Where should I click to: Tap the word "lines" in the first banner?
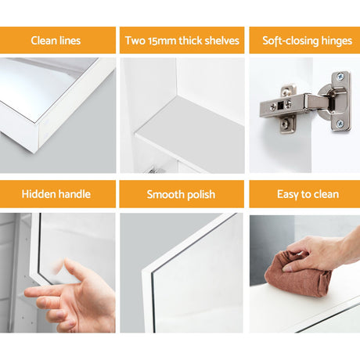[70, 41]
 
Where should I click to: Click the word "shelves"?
[221, 41]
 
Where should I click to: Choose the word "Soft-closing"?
[290, 41]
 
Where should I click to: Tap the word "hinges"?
[337, 41]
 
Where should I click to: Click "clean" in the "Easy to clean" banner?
[326, 194]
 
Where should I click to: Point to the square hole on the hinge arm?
[280, 105]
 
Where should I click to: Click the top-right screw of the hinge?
[340, 77]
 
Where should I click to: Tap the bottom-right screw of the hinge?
[340, 124]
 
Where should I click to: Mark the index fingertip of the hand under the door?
[27, 293]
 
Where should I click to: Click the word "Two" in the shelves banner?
[135, 41]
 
